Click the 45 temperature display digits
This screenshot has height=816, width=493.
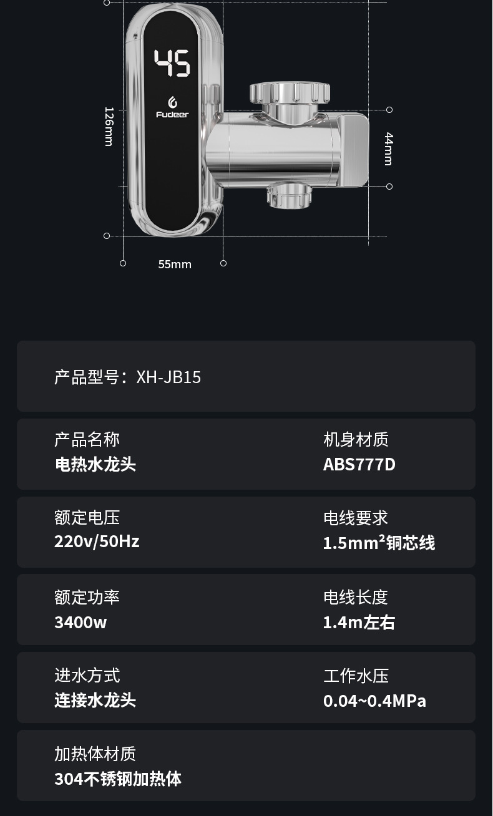tap(172, 63)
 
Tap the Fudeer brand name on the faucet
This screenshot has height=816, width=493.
tap(172, 115)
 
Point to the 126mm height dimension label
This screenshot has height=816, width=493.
tap(109, 127)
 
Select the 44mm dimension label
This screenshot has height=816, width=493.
tap(388, 148)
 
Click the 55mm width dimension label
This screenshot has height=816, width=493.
tap(175, 265)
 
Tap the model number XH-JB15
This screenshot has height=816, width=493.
tap(168, 377)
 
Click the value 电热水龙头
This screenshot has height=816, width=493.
tap(95, 465)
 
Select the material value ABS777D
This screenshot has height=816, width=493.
tap(359, 465)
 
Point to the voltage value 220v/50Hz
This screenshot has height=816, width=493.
tap(97, 541)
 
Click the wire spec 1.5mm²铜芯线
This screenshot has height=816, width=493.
tap(379, 543)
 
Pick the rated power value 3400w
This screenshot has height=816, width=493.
tap(81, 622)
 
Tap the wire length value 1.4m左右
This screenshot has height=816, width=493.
tap(359, 622)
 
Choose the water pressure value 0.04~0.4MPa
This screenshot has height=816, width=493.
tap(374, 701)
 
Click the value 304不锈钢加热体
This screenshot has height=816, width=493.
tap(118, 779)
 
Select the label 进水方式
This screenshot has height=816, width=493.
tap(87, 676)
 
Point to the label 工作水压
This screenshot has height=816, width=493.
tap(356, 676)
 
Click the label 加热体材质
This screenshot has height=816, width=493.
tap(95, 754)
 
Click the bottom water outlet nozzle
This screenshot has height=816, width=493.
tap(289, 196)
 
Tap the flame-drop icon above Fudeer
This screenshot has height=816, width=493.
tap(172, 102)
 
